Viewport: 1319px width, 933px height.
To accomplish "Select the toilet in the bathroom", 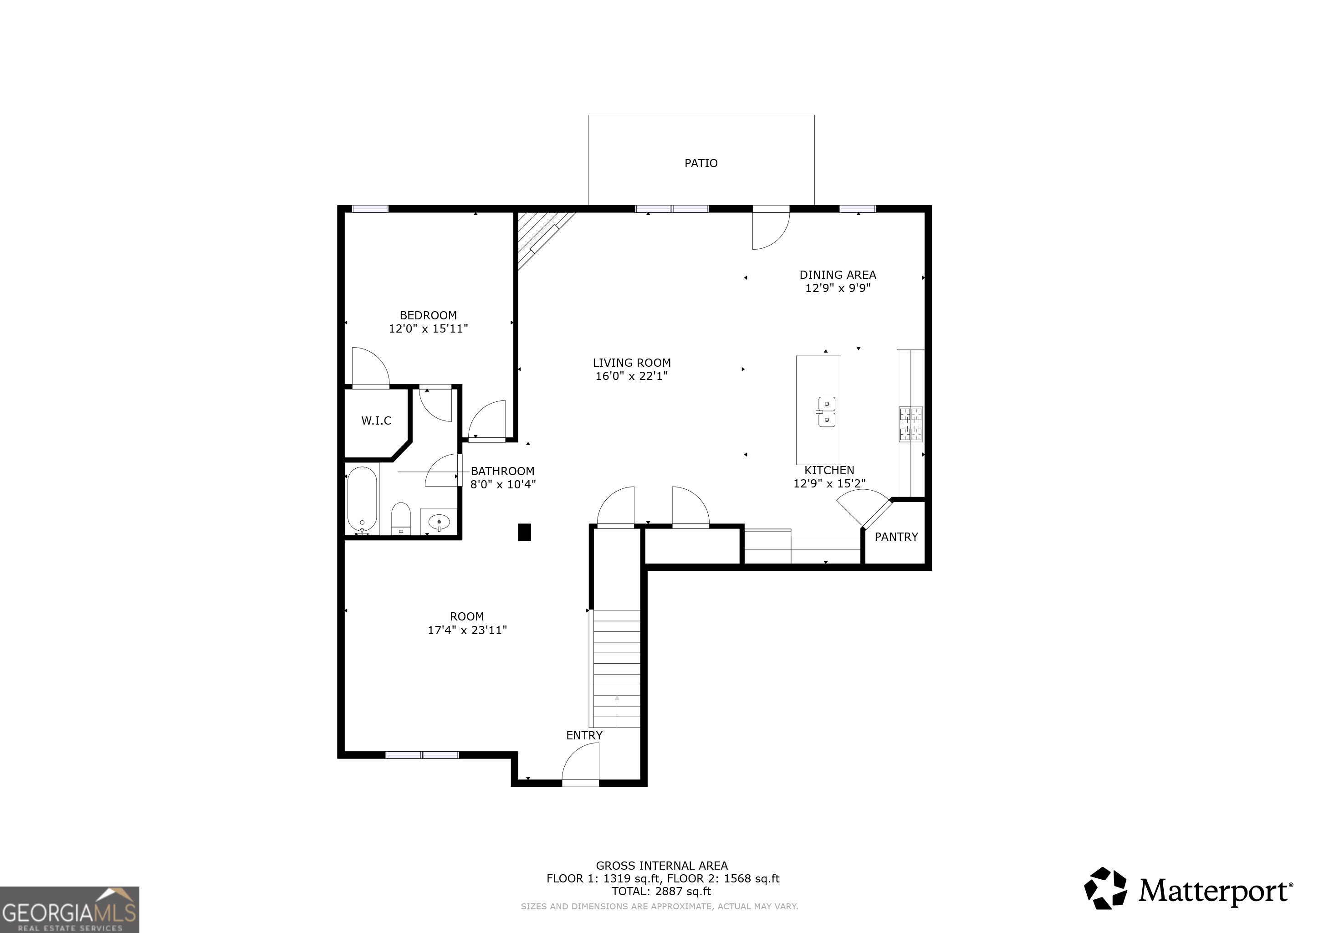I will coord(401,518).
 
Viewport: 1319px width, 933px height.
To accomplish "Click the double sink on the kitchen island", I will coord(826,412).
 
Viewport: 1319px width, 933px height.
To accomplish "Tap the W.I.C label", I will coord(376,420).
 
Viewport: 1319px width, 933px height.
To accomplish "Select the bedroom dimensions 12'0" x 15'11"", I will coord(428,328).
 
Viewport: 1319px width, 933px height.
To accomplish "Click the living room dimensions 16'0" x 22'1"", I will coord(631,376).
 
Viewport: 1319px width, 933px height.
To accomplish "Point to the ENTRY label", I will coord(584,735).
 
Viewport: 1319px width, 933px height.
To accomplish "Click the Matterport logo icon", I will coord(1105,888).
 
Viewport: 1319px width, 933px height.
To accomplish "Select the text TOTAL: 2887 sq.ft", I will coord(661,891).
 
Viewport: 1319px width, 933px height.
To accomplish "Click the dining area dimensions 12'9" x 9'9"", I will coord(838,288).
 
